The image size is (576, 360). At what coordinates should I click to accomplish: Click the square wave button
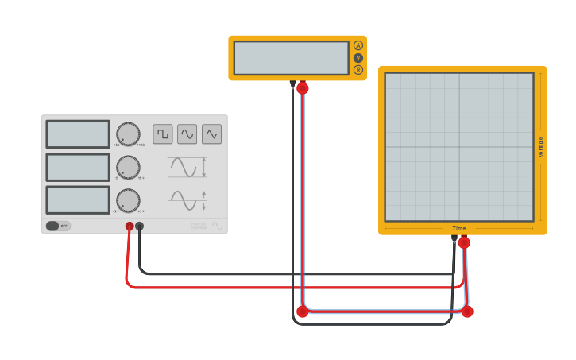[x=163, y=134]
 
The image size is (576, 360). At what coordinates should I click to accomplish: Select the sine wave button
[x=187, y=134]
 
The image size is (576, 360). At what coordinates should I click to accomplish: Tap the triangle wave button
[x=211, y=134]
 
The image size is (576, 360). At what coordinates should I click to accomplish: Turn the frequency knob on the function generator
[x=128, y=134]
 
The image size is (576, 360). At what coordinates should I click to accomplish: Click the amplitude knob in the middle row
[x=128, y=167]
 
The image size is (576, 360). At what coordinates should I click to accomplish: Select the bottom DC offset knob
[x=128, y=200]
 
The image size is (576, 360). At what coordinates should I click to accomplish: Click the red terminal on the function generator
[x=130, y=226]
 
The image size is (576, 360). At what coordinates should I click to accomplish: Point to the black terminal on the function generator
[x=140, y=226]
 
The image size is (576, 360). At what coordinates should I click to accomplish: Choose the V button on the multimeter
[x=358, y=58]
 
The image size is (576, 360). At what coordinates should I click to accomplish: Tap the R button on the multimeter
[x=358, y=70]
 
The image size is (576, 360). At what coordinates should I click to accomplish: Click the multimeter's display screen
[x=291, y=58]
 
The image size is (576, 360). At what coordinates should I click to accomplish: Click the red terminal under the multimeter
[x=303, y=88]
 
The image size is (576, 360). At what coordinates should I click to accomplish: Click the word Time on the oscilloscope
[x=459, y=228]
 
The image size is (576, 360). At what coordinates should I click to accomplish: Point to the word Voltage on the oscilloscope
[x=541, y=147]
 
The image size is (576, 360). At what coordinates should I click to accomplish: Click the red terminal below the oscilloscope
[x=464, y=242]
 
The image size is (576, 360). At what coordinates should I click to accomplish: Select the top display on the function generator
[x=78, y=134]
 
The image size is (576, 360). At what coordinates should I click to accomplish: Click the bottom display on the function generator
[x=78, y=200]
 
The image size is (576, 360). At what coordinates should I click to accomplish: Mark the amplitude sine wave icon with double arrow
[x=187, y=168]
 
